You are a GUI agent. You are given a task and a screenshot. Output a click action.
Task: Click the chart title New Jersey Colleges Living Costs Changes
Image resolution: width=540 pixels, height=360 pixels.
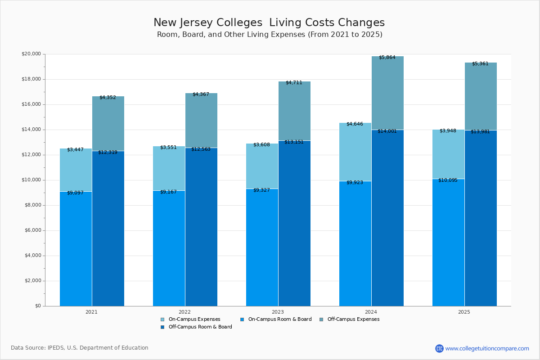point(269,23)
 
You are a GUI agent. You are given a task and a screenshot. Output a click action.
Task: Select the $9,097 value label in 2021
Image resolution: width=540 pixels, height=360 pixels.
point(75,193)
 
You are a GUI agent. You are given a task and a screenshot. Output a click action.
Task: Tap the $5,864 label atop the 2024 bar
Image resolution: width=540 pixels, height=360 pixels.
point(387,58)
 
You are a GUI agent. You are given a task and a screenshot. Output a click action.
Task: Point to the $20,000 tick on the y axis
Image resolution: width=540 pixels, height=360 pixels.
point(31,54)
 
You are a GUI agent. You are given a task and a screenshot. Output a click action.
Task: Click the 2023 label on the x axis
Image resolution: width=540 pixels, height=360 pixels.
point(278,312)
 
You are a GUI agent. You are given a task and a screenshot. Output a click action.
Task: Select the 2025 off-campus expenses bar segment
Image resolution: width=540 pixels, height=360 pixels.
point(481,96)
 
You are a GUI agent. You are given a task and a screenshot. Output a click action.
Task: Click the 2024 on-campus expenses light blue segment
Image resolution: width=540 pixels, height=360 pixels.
point(355,152)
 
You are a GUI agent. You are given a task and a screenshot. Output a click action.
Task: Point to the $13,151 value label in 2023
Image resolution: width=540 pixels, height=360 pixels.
point(294,142)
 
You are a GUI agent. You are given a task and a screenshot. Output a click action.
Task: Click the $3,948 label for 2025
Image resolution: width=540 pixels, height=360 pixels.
point(448,131)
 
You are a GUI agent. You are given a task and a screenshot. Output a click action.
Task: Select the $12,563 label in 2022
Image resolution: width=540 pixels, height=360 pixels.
point(201,149)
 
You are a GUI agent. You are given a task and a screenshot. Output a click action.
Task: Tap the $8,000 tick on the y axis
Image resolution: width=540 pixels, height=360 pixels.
point(32,205)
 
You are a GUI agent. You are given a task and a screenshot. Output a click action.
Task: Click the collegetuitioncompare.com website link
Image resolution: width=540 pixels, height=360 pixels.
point(487,348)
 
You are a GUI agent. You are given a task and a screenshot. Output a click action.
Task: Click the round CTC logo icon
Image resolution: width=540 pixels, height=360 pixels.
point(439,348)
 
